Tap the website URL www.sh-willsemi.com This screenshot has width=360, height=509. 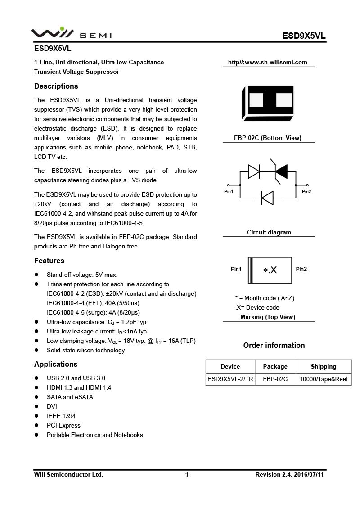tap(268, 63)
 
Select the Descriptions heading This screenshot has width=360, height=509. tap(56, 86)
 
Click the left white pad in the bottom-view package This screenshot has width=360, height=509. tap(256, 100)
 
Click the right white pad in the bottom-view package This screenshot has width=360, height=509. tap(284, 100)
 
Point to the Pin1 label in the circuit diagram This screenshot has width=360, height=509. tap(229, 192)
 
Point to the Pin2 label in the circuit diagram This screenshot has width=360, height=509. tap(306, 192)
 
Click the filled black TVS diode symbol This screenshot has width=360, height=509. tap(281, 171)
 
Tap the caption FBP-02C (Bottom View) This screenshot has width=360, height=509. tap(268, 138)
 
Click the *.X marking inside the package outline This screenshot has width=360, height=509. tap(270, 270)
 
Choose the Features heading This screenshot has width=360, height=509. tap(49, 261)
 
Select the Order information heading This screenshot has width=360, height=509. tap(274, 346)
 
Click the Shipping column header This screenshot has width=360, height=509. tap(323, 367)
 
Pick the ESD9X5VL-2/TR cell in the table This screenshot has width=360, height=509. tap(230, 379)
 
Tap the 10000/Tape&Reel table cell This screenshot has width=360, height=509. tap(324, 379)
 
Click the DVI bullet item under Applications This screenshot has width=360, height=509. tap(52, 407)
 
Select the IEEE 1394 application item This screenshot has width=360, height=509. tap(61, 416)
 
